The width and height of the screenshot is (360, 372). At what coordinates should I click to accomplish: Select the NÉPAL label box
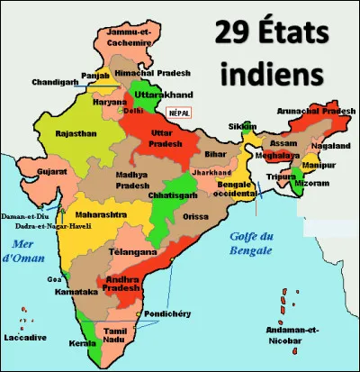[181, 114]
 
